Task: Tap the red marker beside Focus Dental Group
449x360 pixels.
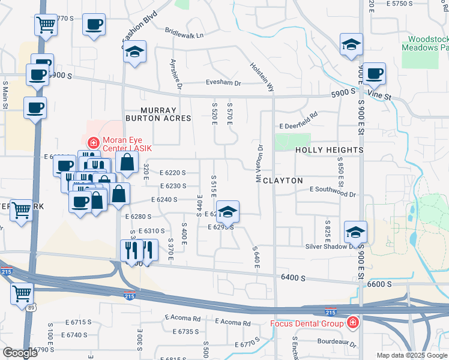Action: tap(352, 324)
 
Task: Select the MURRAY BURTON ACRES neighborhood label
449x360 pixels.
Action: tap(158, 115)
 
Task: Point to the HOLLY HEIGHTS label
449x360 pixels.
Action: tap(329, 150)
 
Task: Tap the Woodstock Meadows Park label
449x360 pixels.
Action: tap(424, 43)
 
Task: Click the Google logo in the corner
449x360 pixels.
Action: tap(19, 352)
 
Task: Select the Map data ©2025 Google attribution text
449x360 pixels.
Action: tap(412, 355)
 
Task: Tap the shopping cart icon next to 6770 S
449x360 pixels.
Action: tap(46, 26)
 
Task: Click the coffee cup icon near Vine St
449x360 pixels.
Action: tap(374, 74)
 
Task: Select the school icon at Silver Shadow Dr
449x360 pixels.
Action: tap(355, 232)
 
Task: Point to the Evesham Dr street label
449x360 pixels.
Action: tap(223, 84)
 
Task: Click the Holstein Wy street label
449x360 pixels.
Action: tap(262, 79)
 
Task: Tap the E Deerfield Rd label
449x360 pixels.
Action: tap(298, 121)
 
